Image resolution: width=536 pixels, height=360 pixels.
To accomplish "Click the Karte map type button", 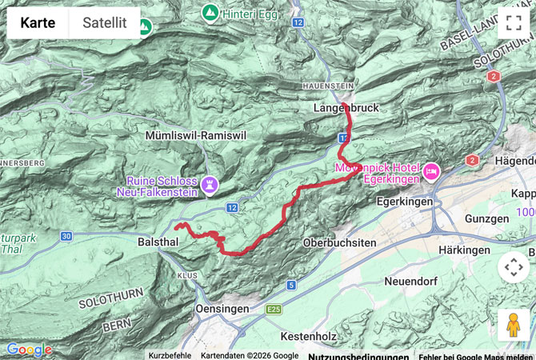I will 38,23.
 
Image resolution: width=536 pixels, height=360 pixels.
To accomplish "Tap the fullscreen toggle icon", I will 513,23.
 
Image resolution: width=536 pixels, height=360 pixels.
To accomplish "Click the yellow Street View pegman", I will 513,325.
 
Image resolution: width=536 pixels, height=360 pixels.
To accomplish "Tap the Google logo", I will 28,350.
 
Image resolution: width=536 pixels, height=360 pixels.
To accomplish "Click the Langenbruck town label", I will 346,107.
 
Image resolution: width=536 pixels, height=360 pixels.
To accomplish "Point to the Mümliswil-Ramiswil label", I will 196,136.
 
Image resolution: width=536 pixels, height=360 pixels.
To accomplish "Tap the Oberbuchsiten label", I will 339,242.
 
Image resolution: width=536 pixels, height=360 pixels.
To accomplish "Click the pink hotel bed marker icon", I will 431,170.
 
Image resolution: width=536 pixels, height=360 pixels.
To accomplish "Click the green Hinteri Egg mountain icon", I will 210,12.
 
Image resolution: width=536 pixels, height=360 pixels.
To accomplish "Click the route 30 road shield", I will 66,235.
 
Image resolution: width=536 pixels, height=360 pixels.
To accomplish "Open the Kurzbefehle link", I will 170,355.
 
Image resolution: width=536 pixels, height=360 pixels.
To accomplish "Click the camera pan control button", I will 513,268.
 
